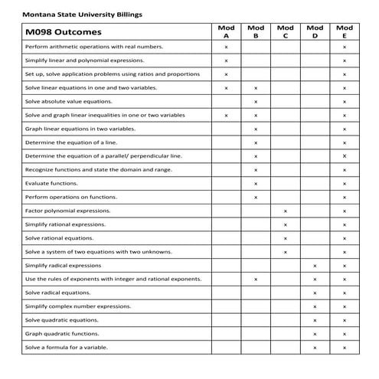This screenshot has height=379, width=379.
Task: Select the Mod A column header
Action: click(x=226, y=31)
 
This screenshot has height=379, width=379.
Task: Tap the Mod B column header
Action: click(x=256, y=31)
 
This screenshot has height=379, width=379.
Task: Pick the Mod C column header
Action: click(x=285, y=31)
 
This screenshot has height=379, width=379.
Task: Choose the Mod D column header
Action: click(x=315, y=31)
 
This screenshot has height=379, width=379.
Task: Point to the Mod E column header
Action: click(x=345, y=31)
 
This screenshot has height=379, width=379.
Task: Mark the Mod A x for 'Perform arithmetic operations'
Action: click(x=226, y=47)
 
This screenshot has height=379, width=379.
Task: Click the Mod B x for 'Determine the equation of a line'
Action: click(x=256, y=142)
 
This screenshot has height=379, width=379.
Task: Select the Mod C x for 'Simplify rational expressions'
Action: click(x=285, y=224)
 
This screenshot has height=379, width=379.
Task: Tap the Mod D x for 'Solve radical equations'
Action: click(x=315, y=292)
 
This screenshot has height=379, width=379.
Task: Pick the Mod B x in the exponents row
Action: click(x=256, y=279)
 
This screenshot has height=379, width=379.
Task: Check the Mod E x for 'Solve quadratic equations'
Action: click(x=345, y=320)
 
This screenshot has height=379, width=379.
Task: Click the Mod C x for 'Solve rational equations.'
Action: click(x=285, y=238)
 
